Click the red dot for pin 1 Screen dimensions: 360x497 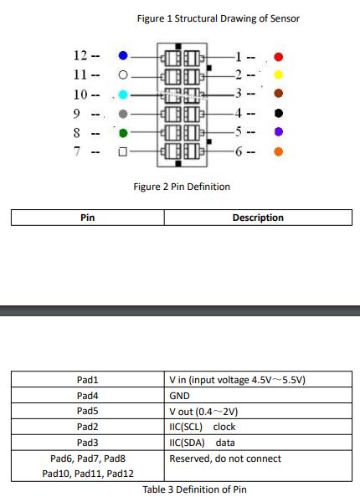279,57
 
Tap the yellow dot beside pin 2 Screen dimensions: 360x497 278,74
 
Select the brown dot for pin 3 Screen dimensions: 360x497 279,94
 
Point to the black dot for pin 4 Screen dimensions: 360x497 279,113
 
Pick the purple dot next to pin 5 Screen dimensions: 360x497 279,132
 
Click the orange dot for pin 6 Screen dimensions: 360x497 279,151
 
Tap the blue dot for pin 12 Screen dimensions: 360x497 123,56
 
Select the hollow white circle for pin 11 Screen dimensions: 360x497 123,75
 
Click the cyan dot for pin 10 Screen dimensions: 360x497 123,95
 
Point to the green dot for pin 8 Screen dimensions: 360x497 123,133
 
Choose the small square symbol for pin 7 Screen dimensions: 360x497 123,151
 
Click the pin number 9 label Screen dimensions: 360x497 76,114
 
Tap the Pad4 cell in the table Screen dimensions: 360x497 88,395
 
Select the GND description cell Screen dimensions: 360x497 258,395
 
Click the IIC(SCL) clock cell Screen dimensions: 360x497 258,427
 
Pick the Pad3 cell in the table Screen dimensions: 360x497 88,443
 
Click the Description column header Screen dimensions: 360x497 258,218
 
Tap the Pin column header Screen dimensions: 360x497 88,218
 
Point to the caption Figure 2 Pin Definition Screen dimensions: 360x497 182,187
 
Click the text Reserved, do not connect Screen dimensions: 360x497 225,459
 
